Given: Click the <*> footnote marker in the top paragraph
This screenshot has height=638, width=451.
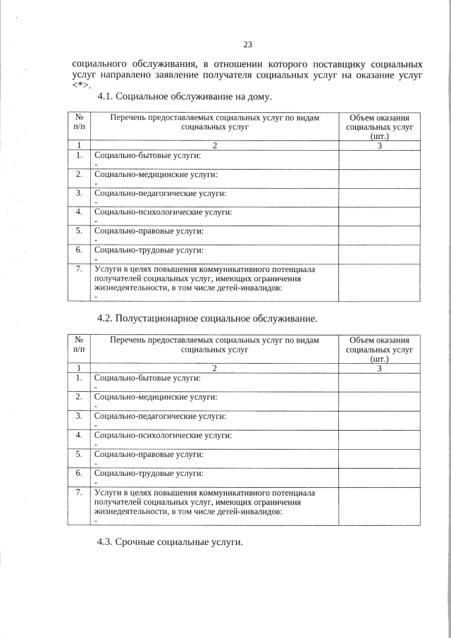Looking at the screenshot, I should (82, 84).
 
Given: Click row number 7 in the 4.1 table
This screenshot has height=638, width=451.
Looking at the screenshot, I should (79, 269).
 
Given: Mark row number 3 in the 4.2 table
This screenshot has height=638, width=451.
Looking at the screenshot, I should (79, 416).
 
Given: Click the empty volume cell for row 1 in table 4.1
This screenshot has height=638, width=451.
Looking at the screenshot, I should (379, 159).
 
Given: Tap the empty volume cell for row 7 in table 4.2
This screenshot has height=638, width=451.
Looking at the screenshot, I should (379, 505).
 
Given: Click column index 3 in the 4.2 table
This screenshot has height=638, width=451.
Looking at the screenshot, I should (379, 368).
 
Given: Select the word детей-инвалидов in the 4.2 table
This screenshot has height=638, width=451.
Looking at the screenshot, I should (250, 512).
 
